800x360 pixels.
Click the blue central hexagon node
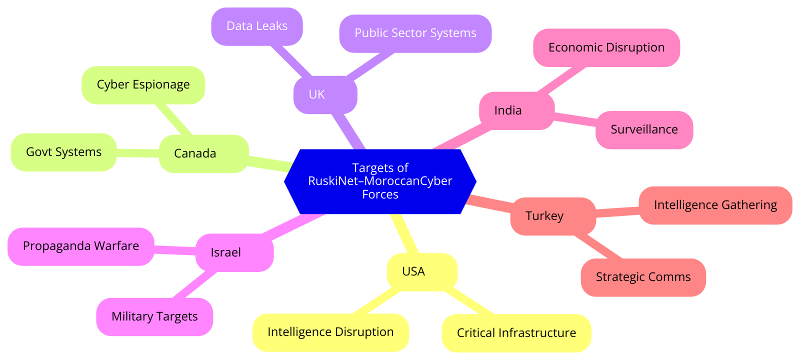pos(380,181)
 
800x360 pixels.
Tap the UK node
pos(325,94)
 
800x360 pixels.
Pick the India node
pos(516,110)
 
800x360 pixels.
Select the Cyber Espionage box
pos(143,85)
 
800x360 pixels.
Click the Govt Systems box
pos(63,152)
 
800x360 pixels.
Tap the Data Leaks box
pos(257,26)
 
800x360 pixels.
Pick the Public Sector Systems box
pos(415,33)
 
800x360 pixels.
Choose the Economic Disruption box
pos(606,47)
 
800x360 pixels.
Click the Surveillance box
pos(644,129)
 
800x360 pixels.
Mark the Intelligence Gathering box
pos(715,205)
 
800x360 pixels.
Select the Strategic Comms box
pos(643,277)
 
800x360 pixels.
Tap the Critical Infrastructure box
pos(516,333)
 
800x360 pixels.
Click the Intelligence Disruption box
pos(330,332)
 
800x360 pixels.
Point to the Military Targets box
pos(154,316)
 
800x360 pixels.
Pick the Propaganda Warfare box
pos(81,246)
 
